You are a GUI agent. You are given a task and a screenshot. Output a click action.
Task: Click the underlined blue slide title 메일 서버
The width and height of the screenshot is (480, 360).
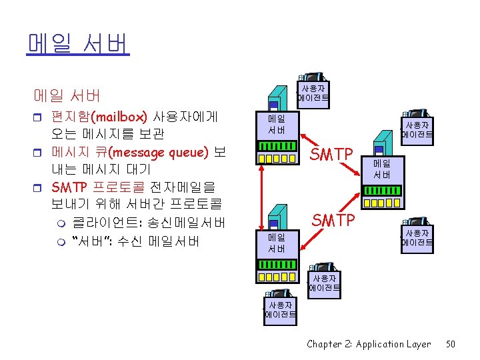point(78,43)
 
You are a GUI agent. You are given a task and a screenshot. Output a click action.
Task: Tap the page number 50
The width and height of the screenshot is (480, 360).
point(451,344)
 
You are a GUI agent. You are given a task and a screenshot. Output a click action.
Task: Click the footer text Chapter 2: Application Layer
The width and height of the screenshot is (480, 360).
point(369,344)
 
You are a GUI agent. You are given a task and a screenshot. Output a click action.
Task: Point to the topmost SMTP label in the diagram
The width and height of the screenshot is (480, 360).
point(333,155)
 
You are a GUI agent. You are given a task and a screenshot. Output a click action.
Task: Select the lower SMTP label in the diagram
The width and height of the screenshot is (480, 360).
point(334,219)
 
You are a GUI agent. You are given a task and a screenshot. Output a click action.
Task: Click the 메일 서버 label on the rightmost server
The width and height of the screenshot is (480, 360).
point(382,169)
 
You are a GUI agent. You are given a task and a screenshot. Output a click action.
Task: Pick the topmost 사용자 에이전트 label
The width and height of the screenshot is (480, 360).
point(313,94)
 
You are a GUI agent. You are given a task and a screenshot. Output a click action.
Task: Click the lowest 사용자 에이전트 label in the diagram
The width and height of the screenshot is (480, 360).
point(281,310)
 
